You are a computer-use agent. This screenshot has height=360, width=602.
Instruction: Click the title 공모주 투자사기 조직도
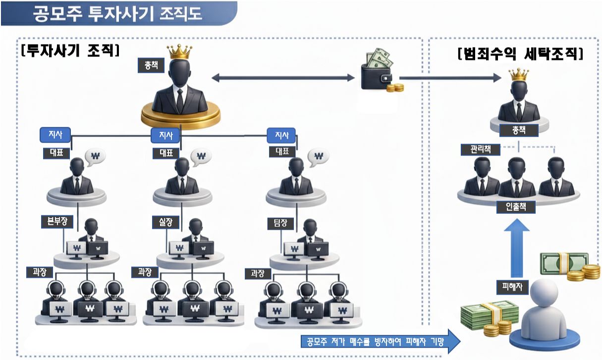(117, 13)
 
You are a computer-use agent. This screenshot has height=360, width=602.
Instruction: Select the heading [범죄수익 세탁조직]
(520, 53)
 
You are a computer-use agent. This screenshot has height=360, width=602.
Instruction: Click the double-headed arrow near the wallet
(283, 78)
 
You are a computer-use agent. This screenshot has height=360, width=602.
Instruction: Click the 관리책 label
(476, 149)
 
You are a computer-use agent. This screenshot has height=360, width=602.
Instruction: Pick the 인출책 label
(516, 207)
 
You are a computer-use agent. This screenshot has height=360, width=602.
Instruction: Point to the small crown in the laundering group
(519, 75)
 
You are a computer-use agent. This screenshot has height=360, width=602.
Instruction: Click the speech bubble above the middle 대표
(201, 156)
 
